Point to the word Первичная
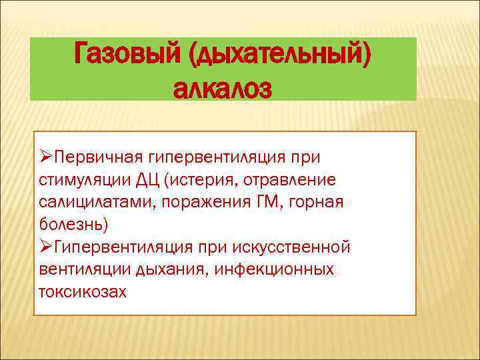[x=97, y=157]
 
